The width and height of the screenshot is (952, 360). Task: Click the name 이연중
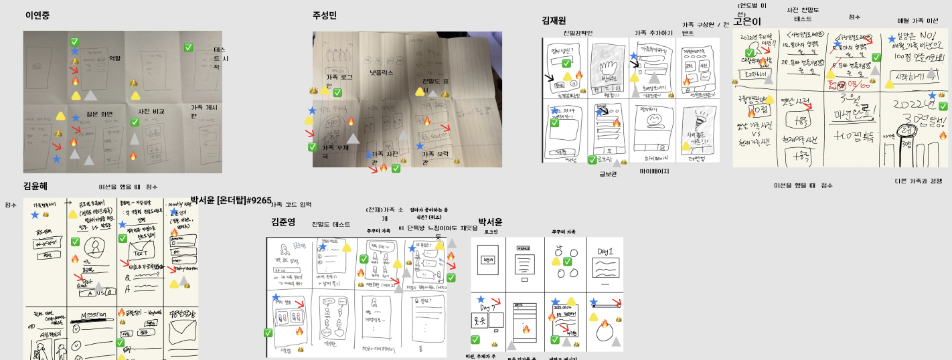point(39,15)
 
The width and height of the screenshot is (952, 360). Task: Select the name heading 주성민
point(325,15)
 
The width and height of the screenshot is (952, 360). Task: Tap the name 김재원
point(554,21)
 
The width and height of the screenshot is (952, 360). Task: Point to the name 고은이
point(746,21)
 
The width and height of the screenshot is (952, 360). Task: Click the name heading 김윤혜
point(35,185)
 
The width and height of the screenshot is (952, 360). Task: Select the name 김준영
point(283,221)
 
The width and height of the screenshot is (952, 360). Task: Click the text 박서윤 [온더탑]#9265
point(231,199)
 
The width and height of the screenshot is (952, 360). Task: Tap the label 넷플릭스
point(382,72)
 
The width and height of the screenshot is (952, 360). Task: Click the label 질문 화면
point(101,114)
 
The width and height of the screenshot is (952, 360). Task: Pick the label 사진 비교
point(151,111)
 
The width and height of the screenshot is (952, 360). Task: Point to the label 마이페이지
point(655,171)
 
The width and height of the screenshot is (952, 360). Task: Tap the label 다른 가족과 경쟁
point(917,181)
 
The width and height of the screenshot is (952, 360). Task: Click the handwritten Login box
point(488,259)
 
